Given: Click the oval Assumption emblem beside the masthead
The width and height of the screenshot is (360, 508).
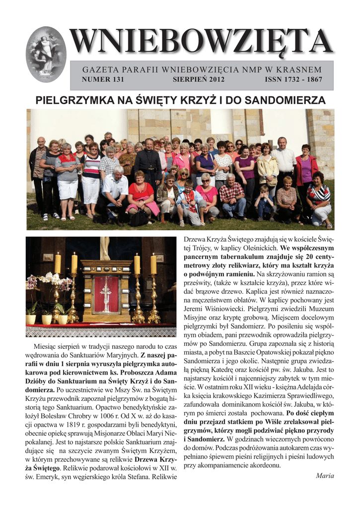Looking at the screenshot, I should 46,54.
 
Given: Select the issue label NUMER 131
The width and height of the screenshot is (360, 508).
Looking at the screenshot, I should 103,79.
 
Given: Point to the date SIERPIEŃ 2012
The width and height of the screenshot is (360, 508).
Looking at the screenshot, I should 199,79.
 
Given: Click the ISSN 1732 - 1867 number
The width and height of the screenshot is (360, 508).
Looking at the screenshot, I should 293,79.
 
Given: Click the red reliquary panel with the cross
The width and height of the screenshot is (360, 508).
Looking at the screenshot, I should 106,294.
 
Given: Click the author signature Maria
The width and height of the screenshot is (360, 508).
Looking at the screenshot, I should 325,476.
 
